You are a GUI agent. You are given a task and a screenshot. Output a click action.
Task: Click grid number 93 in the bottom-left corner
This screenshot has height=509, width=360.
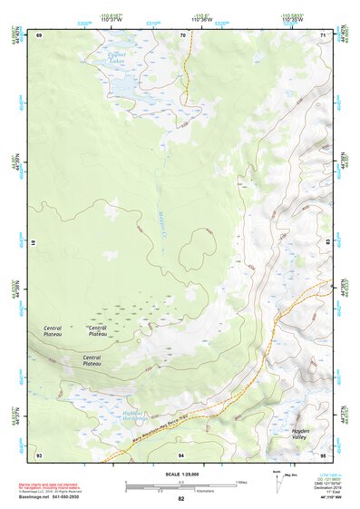(x=39, y=454)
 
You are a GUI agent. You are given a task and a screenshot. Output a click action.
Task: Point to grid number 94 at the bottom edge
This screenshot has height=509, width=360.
(x=181, y=454)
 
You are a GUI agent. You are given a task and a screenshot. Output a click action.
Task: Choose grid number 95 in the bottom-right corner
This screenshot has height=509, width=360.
(x=324, y=454)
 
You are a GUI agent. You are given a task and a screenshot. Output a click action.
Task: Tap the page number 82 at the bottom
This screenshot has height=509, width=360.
(x=181, y=499)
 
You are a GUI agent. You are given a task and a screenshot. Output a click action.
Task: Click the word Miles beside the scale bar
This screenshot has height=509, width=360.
(x=240, y=481)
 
